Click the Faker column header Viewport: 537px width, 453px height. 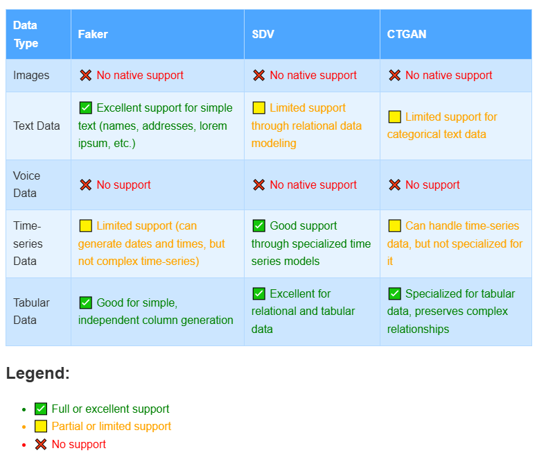click(x=93, y=34)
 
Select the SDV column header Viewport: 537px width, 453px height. click(x=263, y=34)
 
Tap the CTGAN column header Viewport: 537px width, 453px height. click(x=407, y=34)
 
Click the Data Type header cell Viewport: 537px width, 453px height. click(x=26, y=34)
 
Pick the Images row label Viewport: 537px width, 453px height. click(x=31, y=75)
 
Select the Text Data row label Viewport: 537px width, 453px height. click(x=37, y=126)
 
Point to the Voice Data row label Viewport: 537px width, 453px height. click(x=27, y=185)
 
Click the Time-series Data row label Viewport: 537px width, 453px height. click(x=28, y=243)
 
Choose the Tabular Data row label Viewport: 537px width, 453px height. click(x=32, y=311)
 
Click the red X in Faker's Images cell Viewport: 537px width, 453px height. click(x=86, y=75)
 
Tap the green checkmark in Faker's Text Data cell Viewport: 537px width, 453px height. click(x=86, y=108)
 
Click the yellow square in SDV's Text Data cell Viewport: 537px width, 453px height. click(x=259, y=108)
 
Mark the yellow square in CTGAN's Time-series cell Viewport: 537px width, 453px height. click(x=395, y=225)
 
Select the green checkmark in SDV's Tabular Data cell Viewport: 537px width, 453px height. click(x=259, y=293)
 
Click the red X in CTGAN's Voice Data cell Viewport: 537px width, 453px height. click(x=395, y=185)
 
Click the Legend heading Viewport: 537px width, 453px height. click(x=38, y=373)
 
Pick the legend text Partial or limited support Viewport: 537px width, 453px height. click(x=111, y=426)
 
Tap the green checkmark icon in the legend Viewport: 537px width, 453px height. click(x=41, y=409)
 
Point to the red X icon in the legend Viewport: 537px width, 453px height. click(x=41, y=444)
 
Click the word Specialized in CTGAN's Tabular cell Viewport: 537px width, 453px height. click(x=434, y=293)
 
